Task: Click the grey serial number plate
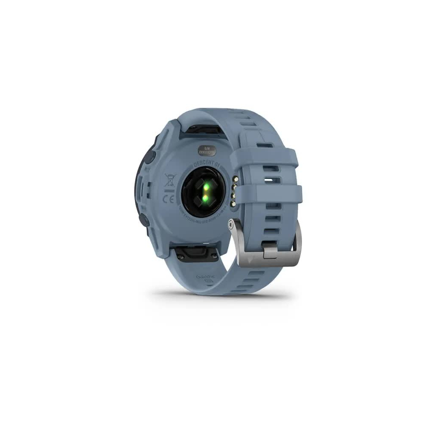tap(207, 150)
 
